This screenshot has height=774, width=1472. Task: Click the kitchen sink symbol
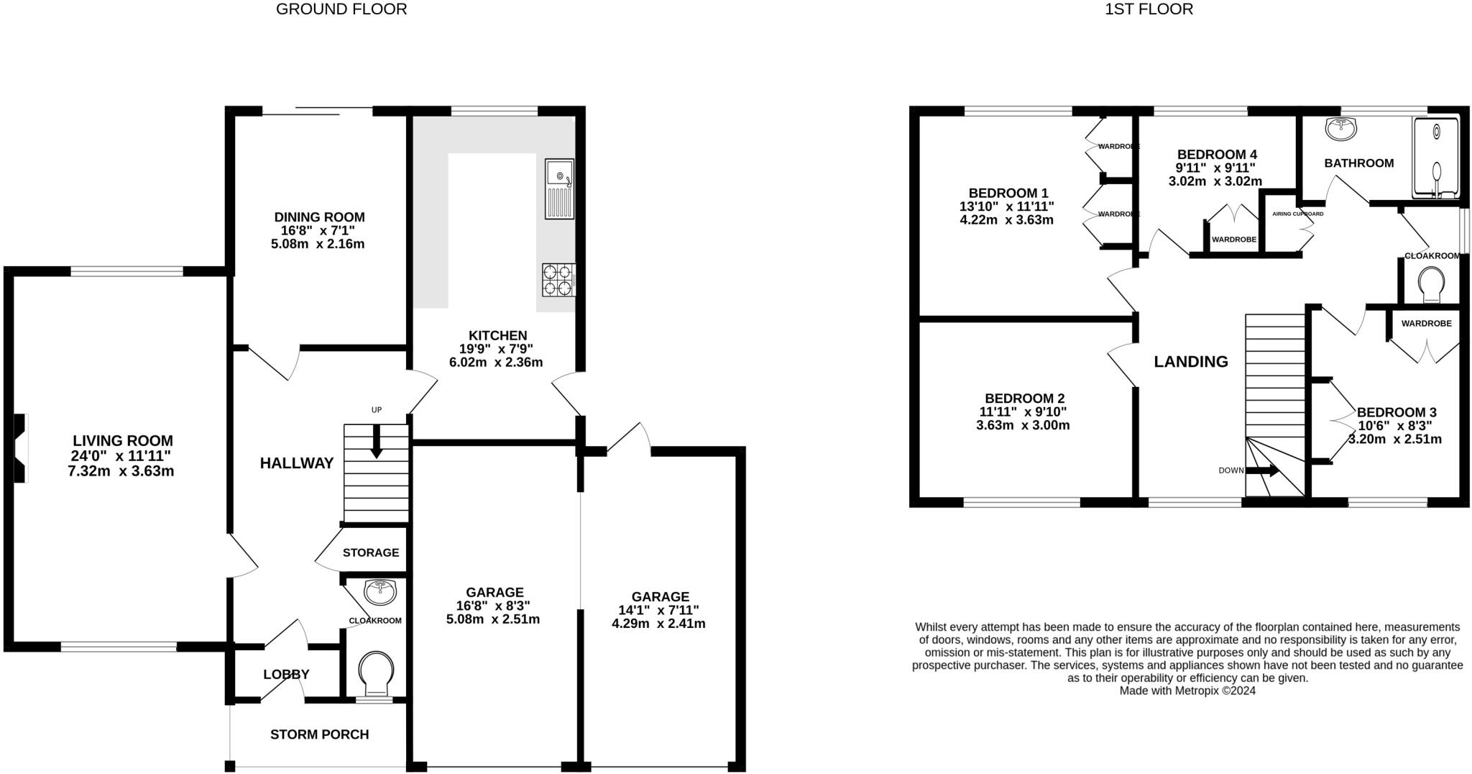tap(559, 188)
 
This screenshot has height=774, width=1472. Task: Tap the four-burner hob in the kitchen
tap(558, 280)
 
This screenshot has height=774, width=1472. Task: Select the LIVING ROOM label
tap(123, 441)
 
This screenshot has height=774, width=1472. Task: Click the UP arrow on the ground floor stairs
tap(376, 442)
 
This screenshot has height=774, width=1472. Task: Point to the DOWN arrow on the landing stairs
tap(1263, 471)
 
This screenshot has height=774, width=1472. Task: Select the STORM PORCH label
tap(319, 734)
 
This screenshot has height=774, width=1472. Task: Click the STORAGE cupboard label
tap(370, 552)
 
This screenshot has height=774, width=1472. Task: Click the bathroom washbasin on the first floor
tap(1341, 129)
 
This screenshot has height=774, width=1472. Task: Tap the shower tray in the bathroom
tap(1436, 158)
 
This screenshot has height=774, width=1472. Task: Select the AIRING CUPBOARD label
tap(1297, 214)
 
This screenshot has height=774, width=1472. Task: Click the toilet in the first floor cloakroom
tap(1430, 286)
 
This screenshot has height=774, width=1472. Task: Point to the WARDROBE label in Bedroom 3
tap(1426, 324)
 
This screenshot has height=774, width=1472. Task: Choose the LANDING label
tap(1190, 362)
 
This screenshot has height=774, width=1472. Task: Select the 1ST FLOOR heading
tap(1149, 9)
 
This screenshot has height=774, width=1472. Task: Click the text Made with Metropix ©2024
tap(1187, 691)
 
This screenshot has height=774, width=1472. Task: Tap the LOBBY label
tap(286, 675)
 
